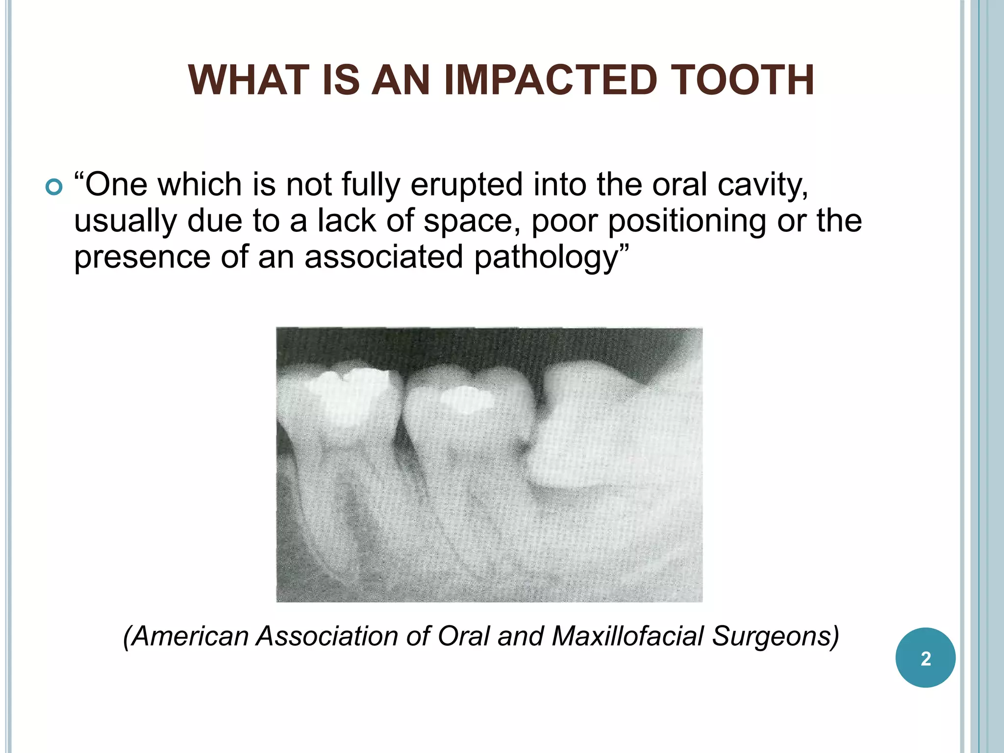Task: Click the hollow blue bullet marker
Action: (x=53, y=187)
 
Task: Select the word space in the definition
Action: (x=468, y=222)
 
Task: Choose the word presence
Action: (x=142, y=258)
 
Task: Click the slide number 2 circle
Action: (x=925, y=658)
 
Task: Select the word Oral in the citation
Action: (x=463, y=636)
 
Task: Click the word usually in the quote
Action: (x=125, y=222)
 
